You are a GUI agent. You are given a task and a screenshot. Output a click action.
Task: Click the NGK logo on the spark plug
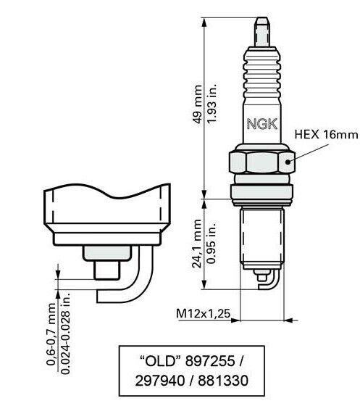click(262, 124)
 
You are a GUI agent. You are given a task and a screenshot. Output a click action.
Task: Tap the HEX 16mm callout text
click(327, 135)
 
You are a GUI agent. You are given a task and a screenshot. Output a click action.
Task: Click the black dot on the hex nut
click(288, 162)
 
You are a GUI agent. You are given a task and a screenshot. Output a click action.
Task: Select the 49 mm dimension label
click(198, 104)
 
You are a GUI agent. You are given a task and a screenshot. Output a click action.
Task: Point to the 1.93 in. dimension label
click(212, 103)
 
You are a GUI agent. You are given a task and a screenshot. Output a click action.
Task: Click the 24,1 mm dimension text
click(197, 244)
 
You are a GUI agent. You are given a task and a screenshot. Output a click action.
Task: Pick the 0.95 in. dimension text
click(212, 243)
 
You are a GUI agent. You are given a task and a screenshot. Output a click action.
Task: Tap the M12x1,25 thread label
click(203, 313)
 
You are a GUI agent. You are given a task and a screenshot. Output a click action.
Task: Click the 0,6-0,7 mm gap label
click(51, 334)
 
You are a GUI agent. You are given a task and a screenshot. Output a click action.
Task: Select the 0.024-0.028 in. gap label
click(65, 333)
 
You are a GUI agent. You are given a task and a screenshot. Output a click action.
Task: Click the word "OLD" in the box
click(159, 361)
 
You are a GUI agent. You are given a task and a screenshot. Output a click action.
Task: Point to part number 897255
click(210, 361)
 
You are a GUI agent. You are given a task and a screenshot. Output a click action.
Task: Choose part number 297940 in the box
click(160, 381)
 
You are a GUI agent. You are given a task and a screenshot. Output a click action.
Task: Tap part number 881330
click(223, 381)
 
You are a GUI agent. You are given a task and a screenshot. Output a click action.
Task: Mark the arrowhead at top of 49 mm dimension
click(204, 22)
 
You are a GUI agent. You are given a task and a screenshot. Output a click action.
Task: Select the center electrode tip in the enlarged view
click(106, 270)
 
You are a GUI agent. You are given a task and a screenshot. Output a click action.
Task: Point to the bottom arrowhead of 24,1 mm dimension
click(204, 284)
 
